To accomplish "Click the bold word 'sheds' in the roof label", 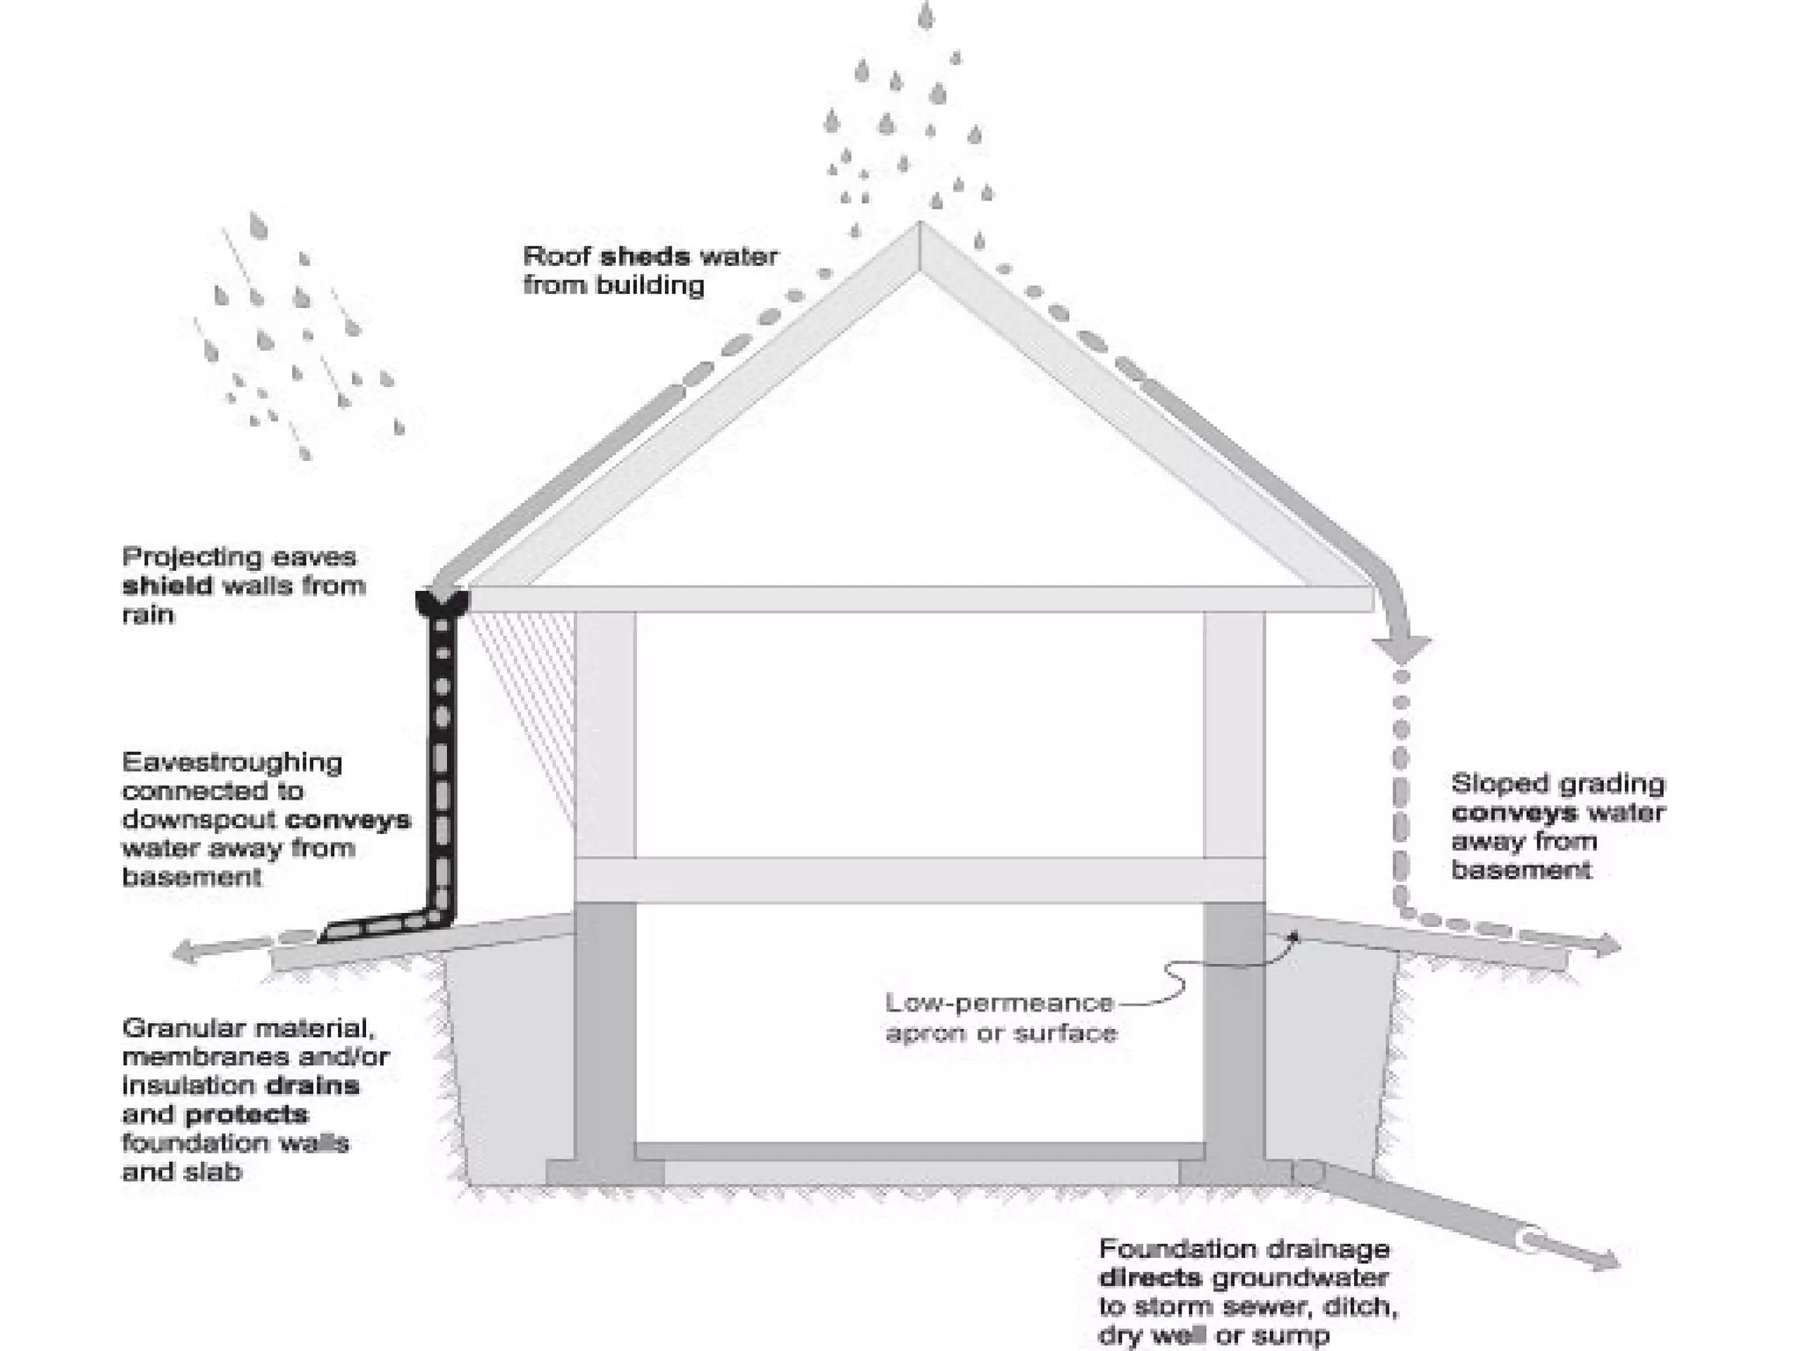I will coord(644,257).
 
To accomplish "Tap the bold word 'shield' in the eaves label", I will coord(167,586).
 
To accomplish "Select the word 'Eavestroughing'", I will coord(232,762).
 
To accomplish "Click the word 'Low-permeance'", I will coord(999,1003).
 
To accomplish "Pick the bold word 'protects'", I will coord(246,1114).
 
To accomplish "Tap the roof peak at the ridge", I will coord(919,230).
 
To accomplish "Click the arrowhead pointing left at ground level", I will coord(185,952).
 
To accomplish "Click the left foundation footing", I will coord(604,1172).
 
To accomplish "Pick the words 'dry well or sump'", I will coord(1214,1336).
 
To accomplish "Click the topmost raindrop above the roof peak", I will coord(926,16).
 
